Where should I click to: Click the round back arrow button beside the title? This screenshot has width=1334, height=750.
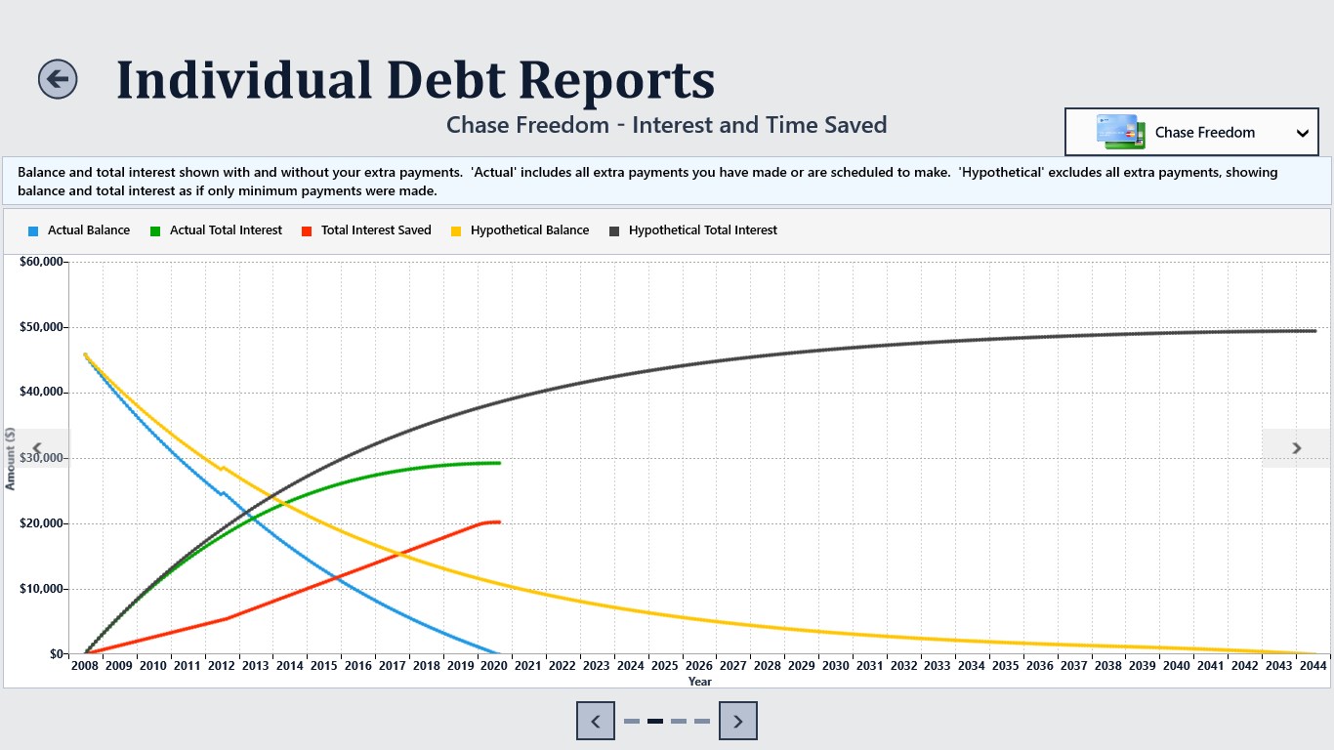(x=58, y=79)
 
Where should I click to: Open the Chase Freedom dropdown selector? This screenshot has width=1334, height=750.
(x=1191, y=132)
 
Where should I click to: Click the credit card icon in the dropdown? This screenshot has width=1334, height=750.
(x=1120, y=132)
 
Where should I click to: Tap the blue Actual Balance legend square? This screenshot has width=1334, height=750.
(x=33, y=231)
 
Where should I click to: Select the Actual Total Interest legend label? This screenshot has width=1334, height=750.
(x=226, y=229)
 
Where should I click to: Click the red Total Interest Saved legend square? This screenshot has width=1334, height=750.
(x=307, y=231)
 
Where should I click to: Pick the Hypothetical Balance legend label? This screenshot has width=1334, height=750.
(x=529, y=229)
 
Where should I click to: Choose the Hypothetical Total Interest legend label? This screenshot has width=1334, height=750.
(x=703, y=229)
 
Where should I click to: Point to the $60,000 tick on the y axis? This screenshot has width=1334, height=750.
(x=41, y=262)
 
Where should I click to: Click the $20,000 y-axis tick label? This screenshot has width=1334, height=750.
(x=41, y=523)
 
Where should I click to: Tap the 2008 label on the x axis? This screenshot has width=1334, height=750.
(x=85, y=665)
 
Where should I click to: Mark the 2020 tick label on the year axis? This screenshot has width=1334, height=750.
(x=494, y=665)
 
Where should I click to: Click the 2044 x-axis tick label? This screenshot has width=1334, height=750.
(x=1313, y=665)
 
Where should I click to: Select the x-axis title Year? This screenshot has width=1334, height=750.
(x=700, y=682)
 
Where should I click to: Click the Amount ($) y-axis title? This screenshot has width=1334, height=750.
(x=10, y=458)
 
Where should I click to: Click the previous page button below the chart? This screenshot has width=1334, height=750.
(x=596, y=721)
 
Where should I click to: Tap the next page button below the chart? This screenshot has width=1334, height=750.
(x=738, y=721)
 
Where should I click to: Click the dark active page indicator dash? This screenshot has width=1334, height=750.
(x=655, y=722)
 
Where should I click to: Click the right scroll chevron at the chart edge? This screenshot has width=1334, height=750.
(x=1297, y=448)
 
